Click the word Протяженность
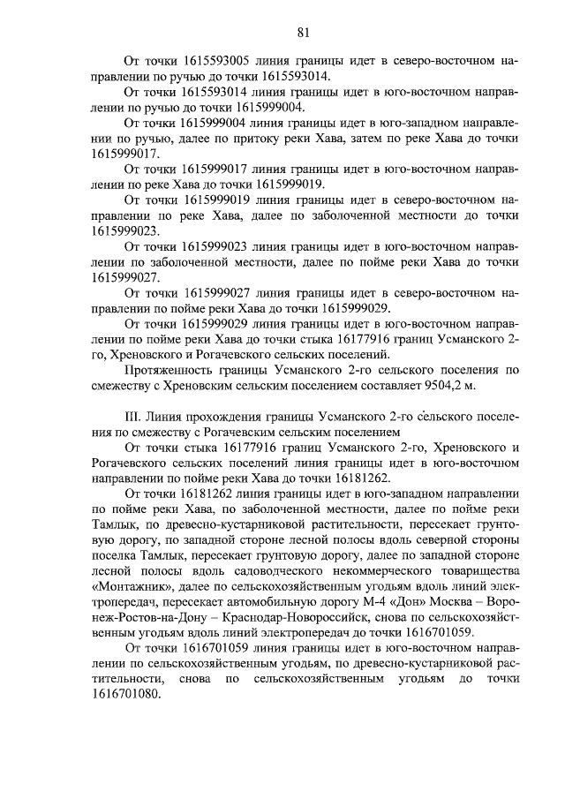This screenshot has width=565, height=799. coord(169,368)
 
